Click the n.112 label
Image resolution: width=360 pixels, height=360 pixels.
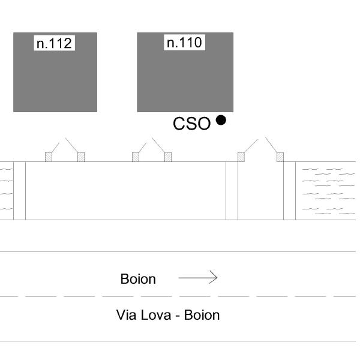pyautogui.click(x=54, y=43)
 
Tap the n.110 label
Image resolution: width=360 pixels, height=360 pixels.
pyautogui.click(x=184, y=42)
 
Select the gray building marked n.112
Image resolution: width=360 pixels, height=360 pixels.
pyautogui.click(x=55, y=81)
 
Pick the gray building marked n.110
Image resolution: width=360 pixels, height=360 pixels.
pyautogui.click(x=185, y=81)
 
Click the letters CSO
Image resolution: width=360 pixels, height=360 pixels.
pyautogui.click(x=191, y=124)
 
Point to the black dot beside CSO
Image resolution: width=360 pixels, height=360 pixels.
pyautogui.click(x=221, y=120)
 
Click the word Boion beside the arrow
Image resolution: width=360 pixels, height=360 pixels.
pyautogui.click(x=138, y=279)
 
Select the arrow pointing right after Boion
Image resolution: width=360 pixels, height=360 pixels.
pyautogui.click(x=198, y=277)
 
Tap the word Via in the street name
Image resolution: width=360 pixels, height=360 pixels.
pyautogui.click(x=127, y=315)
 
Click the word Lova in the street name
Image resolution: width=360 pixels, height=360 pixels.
pyautogui.click(x=156, y=315)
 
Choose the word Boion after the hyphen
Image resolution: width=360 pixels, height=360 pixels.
pyautogui.click(x=202, y=315)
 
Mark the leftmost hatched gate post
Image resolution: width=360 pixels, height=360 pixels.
pyautogui.click(x=49, y=157)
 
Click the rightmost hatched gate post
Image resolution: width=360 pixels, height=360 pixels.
pyautogui.click(x=280, y=157)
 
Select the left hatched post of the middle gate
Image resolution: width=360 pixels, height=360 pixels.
pyautogui.click(x=136, y=157)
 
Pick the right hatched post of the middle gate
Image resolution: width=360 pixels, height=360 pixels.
pyautogui.click(x=168, y=157)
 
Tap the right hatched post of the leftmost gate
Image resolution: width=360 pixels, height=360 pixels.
pyautogui.click(x=81, y=157)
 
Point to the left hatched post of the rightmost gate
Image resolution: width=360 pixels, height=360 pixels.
pyautogui.click(x=241, y=157)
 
